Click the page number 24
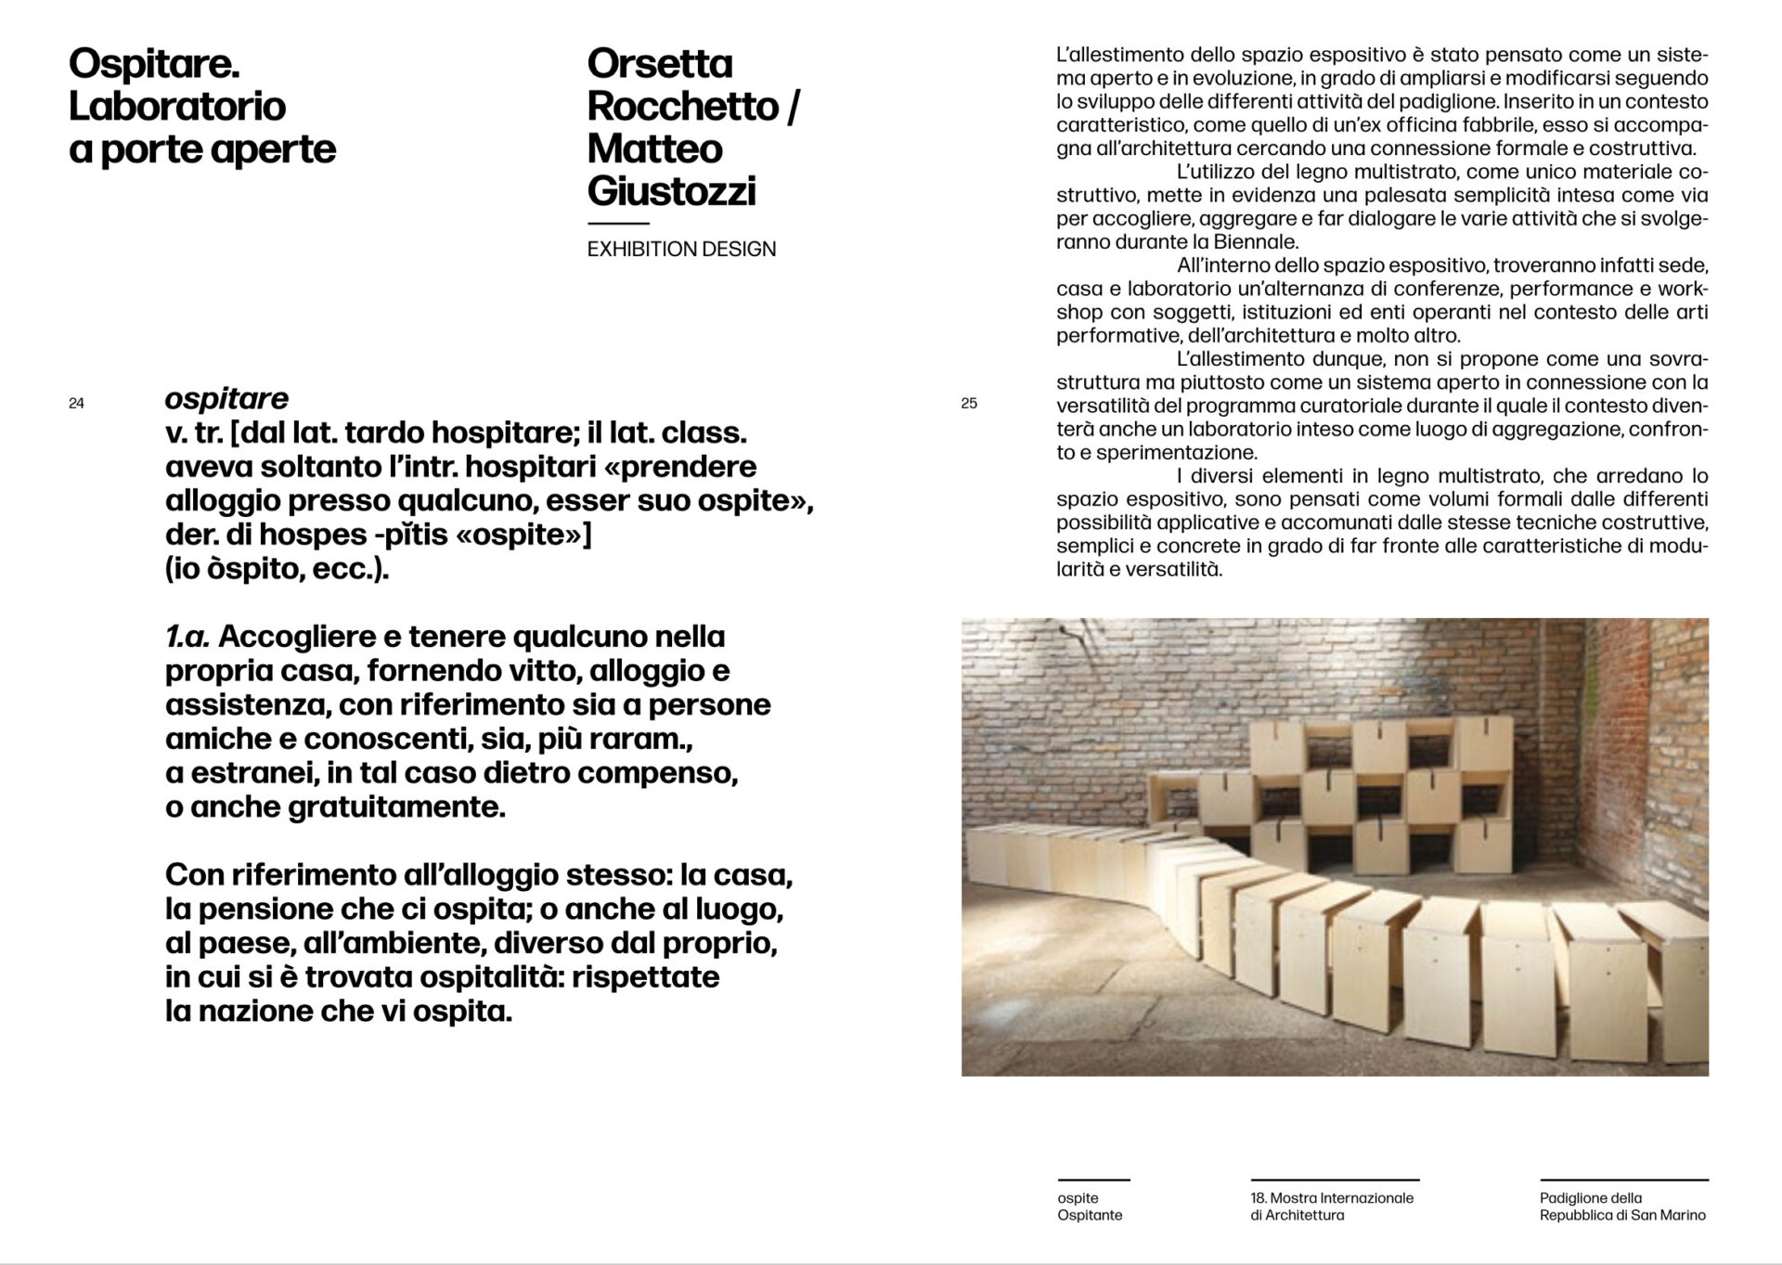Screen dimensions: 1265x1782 coord(77,404)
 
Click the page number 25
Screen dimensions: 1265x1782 coord(969,404)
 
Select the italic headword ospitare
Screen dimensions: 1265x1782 coord(226,399)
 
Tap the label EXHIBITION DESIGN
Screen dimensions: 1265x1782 coord(681,249)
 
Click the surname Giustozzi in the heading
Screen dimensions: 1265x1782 coord(671,191)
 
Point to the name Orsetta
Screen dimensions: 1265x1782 coord(660,64)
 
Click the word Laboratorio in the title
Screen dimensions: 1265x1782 coord(177,107)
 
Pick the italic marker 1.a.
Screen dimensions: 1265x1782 coord(187,638)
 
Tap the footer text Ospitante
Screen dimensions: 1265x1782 coord(1090,1215)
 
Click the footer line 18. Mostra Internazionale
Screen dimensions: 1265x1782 coord(1332,1198)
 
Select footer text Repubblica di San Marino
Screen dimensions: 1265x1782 coord(1622,1215)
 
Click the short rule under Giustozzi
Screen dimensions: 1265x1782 coord(618,224)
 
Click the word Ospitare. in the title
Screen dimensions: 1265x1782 coord(154,64)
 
